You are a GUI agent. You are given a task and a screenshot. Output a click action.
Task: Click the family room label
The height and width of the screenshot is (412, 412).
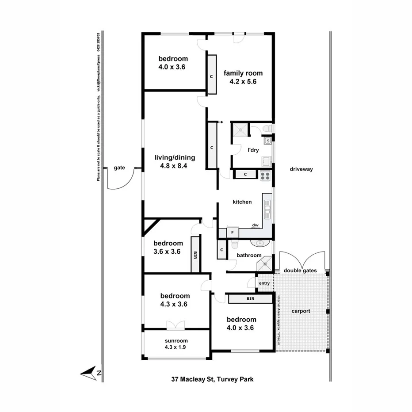(243, 77)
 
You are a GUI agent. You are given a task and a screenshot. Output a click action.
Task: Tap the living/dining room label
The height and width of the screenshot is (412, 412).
(174, 162)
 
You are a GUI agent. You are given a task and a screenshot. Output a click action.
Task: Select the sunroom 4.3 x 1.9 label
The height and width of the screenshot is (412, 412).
(176, 344)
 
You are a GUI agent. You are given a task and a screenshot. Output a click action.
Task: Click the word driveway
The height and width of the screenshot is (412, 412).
(301, 169)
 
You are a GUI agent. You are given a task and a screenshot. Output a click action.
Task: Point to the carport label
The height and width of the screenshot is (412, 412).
(301, 311)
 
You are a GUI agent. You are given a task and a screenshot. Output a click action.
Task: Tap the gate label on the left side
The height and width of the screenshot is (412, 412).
(119, 168)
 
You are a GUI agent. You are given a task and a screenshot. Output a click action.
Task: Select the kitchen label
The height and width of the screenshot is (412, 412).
(242, 202)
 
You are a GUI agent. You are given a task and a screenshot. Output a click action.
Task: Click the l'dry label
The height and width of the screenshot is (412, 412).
(253, 150)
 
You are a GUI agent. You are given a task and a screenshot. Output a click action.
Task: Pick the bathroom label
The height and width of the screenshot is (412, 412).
(249, 255)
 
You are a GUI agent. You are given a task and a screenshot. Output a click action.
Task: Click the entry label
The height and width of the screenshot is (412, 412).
(264, 283)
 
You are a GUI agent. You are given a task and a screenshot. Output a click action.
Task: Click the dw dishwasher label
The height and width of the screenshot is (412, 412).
(255, 225)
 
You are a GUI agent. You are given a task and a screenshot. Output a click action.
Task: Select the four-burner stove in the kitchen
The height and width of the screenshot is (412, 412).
(265, 175)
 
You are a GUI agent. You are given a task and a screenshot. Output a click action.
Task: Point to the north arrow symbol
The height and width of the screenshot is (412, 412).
(91, 373)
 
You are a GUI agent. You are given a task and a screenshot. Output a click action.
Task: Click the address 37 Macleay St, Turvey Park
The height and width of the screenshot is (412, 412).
(212, 379)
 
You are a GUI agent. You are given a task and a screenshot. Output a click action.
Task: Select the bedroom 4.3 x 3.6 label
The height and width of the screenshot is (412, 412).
(175, 300)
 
